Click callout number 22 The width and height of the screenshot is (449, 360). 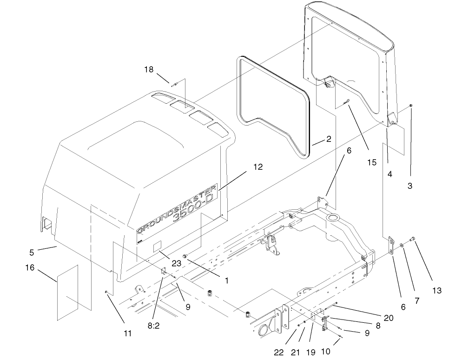coord(278,352)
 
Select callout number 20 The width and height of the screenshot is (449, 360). coord(389,318)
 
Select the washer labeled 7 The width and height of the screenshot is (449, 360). coord(402,245)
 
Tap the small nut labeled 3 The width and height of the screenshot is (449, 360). coord(412,107)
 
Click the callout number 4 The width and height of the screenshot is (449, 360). coord(390,174)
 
